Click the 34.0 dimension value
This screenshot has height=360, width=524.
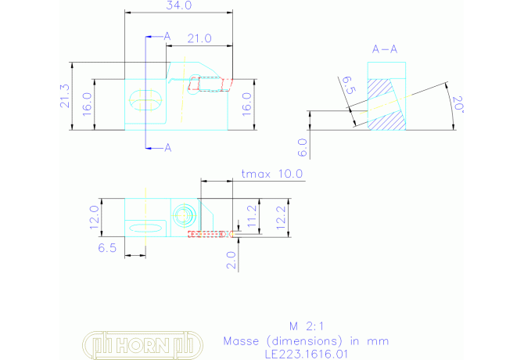click(x=179, y=5)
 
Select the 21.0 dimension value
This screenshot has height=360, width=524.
click(x=199, y=39)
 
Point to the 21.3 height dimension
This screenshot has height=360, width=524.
click(x=65, y=96)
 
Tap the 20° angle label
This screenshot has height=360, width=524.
click(x=458, y=104)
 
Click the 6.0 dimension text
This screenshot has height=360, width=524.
click(x=302, y=148)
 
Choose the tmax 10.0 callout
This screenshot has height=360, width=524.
click(x=272, y=174)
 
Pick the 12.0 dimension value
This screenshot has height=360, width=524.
click(x=94, y=218)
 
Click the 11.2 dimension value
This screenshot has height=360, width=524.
click(x=252, y=216)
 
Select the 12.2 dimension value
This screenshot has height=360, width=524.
click(x=281, y=218)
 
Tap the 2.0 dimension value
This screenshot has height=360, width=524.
click(x=231, y=261)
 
